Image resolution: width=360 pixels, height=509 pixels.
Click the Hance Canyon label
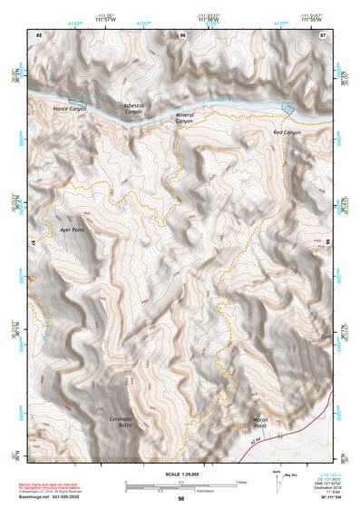(70, 109)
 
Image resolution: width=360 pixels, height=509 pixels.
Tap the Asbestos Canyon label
(133, 108)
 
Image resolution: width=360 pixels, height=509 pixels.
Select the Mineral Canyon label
(184, 117)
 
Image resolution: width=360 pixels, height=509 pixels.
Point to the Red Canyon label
(287, 132)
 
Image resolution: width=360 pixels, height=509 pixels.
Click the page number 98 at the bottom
(181, 499)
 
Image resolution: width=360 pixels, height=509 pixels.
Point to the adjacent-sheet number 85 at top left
(39, 34)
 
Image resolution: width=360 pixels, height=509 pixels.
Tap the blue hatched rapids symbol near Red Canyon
(289, 107)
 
